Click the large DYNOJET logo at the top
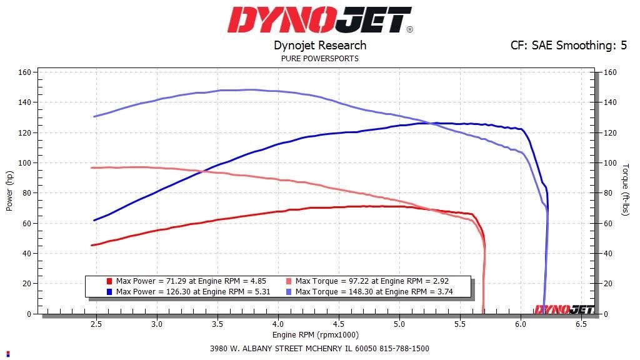(319, 20)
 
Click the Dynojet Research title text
(320, 45)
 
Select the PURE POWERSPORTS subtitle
(320, 59)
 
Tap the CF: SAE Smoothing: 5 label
(569, 45)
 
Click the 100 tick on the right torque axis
(609, 163)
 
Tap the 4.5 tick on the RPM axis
(338, 325)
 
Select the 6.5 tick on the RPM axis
(581, 325)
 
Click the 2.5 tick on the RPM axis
(96, 325)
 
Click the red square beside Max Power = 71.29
(109, 281)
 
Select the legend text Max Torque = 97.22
(372, 281)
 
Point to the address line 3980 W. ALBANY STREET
(319, 349)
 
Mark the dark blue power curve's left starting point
(94, 220)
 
